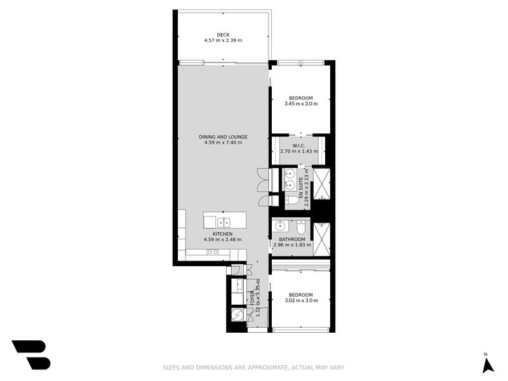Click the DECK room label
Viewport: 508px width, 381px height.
(223, 34)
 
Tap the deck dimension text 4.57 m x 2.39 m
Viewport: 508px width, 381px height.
(223, 41)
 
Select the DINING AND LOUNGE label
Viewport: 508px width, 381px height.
(223, 137)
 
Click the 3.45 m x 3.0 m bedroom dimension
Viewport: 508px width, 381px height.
(300, 104)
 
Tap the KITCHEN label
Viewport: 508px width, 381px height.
(223, 234)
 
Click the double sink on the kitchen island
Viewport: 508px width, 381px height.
(224, 222)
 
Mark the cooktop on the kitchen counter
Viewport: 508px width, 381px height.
(213, 252)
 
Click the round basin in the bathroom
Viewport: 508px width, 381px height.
(280, 225)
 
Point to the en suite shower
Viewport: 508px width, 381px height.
(322, 182)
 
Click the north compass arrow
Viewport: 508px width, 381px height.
(487, 366)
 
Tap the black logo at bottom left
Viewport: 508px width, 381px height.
(30, 354)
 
